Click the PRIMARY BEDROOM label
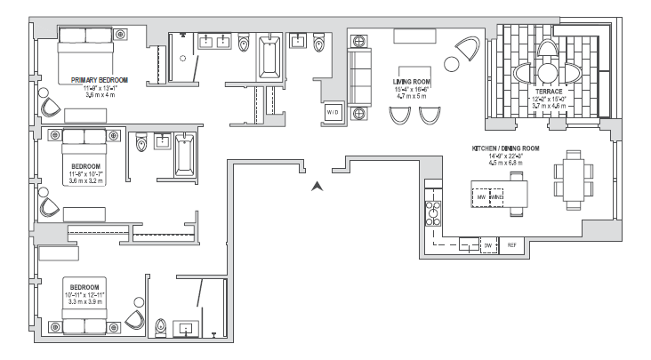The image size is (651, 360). [99, 80]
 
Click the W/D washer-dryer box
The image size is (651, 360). [332, 113]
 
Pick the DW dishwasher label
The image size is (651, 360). [487, 245]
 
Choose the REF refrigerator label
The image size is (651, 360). [511, 245]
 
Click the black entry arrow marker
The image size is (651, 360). [316, 187]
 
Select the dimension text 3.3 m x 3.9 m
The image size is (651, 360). [86, 302]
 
